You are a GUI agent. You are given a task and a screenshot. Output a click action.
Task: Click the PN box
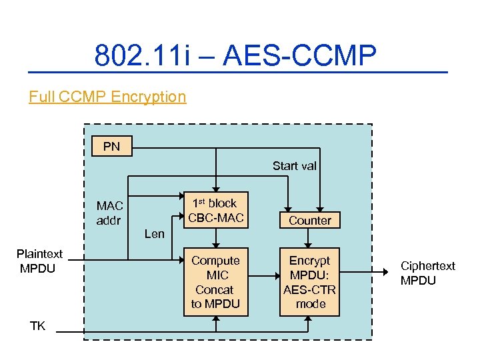coord(112,146)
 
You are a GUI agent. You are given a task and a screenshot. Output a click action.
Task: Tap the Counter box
coord(310,220)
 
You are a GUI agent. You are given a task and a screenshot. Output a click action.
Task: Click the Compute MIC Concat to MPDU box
coord(215,282)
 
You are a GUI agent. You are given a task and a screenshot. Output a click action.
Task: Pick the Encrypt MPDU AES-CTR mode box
coord(310,282)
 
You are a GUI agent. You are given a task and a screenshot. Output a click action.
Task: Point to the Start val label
coord(294,166)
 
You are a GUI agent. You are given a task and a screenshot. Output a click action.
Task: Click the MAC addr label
coord(109,213)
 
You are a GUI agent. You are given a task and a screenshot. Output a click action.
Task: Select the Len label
coord(154,233)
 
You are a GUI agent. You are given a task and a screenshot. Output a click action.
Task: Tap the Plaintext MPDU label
coord(39,261)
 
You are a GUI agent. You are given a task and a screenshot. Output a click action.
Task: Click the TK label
coord(37,325)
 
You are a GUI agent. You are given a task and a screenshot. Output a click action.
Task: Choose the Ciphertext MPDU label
coord(427,273)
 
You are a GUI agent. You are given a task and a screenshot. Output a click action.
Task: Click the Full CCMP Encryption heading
coord(107,97)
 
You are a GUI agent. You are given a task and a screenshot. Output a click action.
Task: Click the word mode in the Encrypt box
coord(311,304)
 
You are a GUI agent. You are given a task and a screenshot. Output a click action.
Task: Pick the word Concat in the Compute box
coord(215,290)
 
